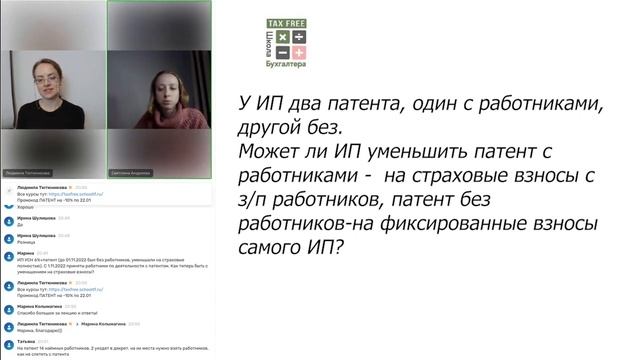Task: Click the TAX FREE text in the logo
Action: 286,23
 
